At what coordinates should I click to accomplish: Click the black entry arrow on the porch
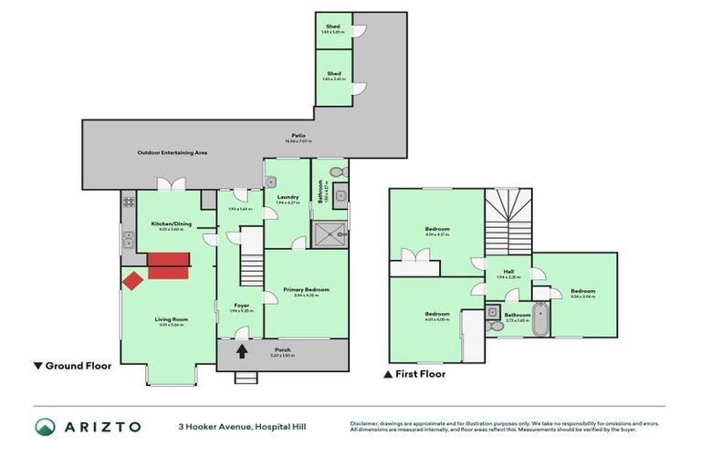242,351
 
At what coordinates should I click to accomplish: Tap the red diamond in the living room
131,280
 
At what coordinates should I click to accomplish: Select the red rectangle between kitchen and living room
167,265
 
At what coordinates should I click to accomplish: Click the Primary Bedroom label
306,289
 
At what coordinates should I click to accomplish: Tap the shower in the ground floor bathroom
330,232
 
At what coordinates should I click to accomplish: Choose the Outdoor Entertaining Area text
173,152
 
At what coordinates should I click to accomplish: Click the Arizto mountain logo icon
45,426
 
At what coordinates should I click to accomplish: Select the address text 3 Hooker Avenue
209,426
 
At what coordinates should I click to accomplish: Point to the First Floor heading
421,373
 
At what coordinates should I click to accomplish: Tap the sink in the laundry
271,182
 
